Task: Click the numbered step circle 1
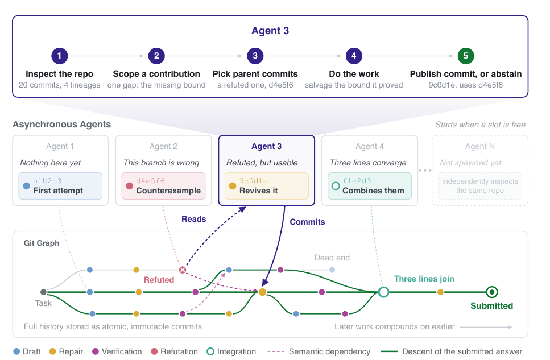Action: [x=60, y=56]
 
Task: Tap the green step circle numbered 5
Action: [x=465, y=56]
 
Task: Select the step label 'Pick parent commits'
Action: [x=255, y=74]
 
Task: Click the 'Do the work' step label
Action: [x=354, y=74]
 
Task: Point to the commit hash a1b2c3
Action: [x=47, y=181]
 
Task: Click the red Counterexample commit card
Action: [x=163, y=186]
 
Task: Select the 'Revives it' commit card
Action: [x=267, y=186]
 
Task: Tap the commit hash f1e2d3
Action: [x=357, y=181]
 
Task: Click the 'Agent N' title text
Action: [x=480, y=146]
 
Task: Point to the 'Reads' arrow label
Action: [x=193, y=219]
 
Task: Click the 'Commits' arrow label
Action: [x=307, y=222]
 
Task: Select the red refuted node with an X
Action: [x=183, y=270]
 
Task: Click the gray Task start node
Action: [x=43, y=292]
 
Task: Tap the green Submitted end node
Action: [x=492, y=292]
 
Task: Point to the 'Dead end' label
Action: [x=332, y=258]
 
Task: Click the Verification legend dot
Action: [x=96, y=351]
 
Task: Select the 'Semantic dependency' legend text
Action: [x=329, y=351]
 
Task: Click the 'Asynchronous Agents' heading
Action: [x=62, y=125]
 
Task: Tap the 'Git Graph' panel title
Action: [x=42, y=243]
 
